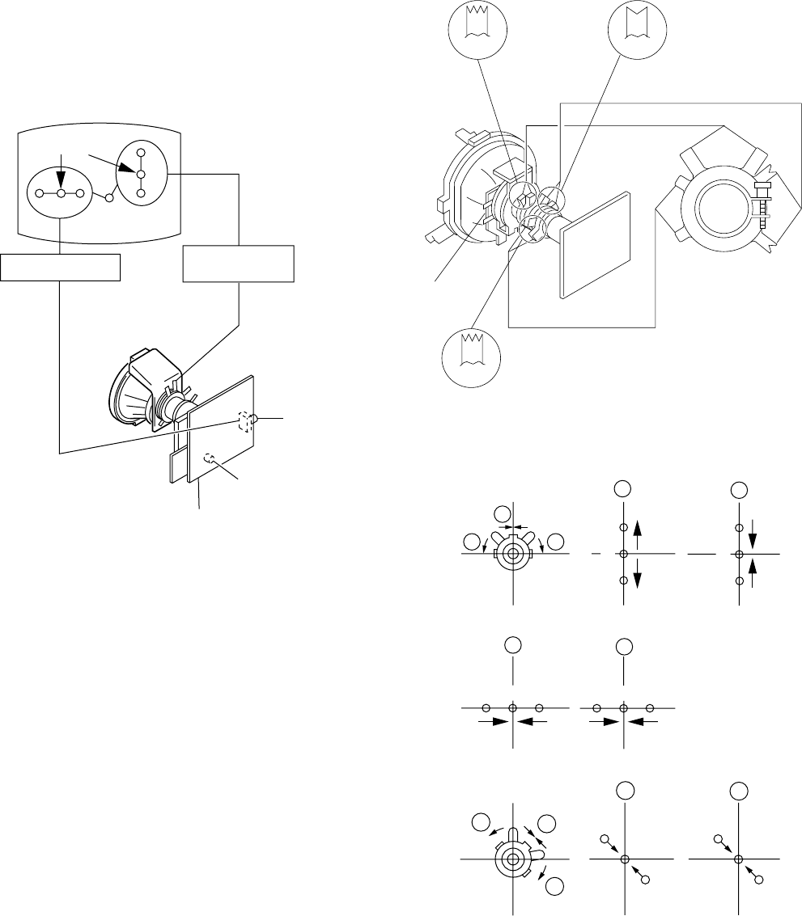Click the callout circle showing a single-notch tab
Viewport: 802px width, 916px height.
click(635, 32)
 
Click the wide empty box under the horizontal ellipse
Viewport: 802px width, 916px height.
click(61, 267)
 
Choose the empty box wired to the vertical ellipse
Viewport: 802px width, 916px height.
click(238, 264)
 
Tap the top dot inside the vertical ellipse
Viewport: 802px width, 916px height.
click(141, 153)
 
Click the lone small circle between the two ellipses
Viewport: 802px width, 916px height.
click(108, 197)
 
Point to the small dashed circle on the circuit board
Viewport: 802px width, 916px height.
click(210, 458)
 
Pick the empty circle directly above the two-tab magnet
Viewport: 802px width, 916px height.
click(503, 513)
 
